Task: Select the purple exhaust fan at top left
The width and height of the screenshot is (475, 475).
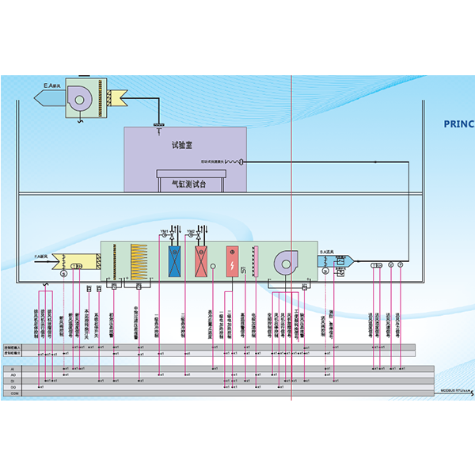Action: (x=82, y=97)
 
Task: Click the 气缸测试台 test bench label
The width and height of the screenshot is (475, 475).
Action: (x=193, y=184)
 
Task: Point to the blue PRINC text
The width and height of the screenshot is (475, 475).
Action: (x=458, y=123)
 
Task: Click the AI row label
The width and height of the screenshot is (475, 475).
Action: (x=11, y=369)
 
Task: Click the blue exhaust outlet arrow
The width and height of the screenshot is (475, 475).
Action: (x=50, y=97)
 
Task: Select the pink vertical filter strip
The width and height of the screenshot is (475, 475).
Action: (x=255, y=260)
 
